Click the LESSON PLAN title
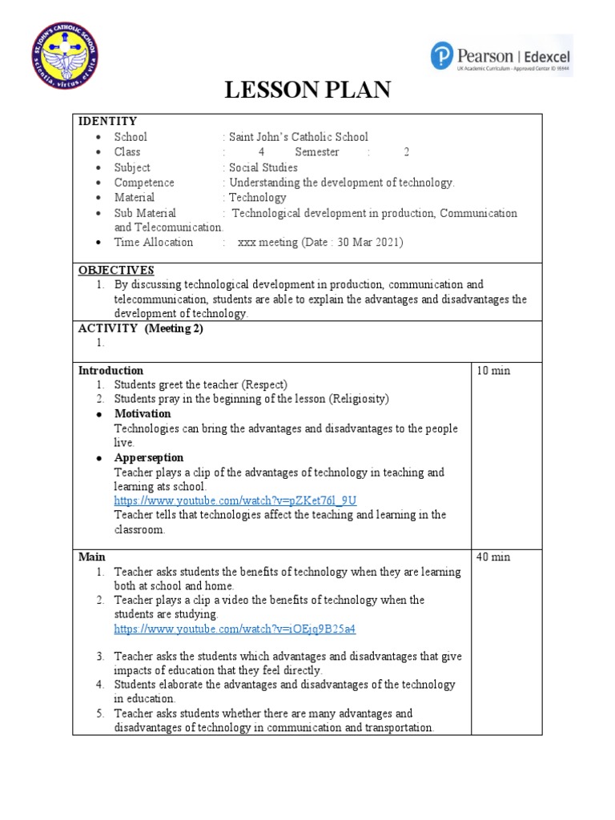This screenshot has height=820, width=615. point(307,90)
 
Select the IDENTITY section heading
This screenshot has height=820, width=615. point(107,122)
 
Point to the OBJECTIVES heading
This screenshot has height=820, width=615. point(116,270)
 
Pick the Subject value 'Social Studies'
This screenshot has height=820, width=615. point(263,167)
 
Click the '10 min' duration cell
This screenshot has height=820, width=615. point(492,371)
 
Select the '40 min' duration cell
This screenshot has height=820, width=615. point(492,557)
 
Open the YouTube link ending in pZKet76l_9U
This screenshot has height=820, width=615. point(235,500)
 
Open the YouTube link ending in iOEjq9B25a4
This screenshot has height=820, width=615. point(235,629)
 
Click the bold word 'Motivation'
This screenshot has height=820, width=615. point(142,414)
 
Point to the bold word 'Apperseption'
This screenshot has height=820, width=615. point(148,458)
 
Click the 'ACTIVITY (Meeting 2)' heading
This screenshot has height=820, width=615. point(140,328)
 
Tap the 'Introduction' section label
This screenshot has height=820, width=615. point(111,371)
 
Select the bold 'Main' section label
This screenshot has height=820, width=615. point(91,557)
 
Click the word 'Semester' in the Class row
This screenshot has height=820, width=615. point(316,152)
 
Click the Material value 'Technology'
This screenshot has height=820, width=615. point(257,197)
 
